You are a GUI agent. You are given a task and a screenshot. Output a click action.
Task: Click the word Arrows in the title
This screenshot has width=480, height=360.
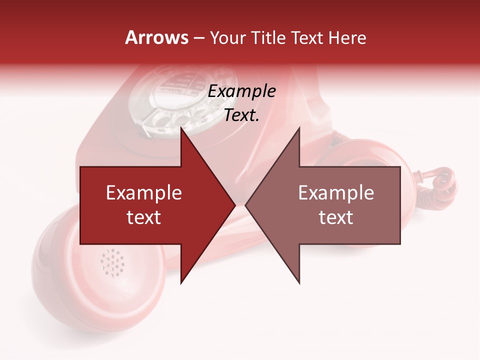click(x=157, y=37)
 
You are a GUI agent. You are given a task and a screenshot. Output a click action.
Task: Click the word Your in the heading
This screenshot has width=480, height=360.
click(x=228, y=38)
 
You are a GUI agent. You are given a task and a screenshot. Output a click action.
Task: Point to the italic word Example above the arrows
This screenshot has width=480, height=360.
click(x=241, y=91)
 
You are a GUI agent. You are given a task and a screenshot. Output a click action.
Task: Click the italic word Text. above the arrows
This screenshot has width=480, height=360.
click(x=241, y=115)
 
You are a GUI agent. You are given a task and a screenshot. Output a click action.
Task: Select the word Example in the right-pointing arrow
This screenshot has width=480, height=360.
click(x=144, y=193)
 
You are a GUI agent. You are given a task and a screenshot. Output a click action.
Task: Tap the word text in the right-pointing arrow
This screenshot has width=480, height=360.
click(x=144, y=217)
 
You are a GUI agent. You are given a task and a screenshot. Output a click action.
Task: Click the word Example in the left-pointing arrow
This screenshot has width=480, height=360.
click(x=336, y=193)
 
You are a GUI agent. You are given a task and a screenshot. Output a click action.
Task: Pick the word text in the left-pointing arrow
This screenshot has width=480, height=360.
click(x=336, y=217)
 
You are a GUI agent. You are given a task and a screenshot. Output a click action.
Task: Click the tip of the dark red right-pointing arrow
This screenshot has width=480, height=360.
click(x=234, y=205)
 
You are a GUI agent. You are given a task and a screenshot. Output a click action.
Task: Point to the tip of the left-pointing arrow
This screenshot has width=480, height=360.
click(x=246, y=205)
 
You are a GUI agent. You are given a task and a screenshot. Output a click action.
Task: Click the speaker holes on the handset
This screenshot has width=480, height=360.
click(x=112, y=262)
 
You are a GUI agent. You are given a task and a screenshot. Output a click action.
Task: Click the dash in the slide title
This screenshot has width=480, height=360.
click(x=198, y=38)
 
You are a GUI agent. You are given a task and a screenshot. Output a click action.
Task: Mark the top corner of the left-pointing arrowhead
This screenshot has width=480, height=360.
click(x=299, y=128)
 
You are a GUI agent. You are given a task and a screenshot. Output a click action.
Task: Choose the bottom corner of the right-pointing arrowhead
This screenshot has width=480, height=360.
click(x=181, y=282)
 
